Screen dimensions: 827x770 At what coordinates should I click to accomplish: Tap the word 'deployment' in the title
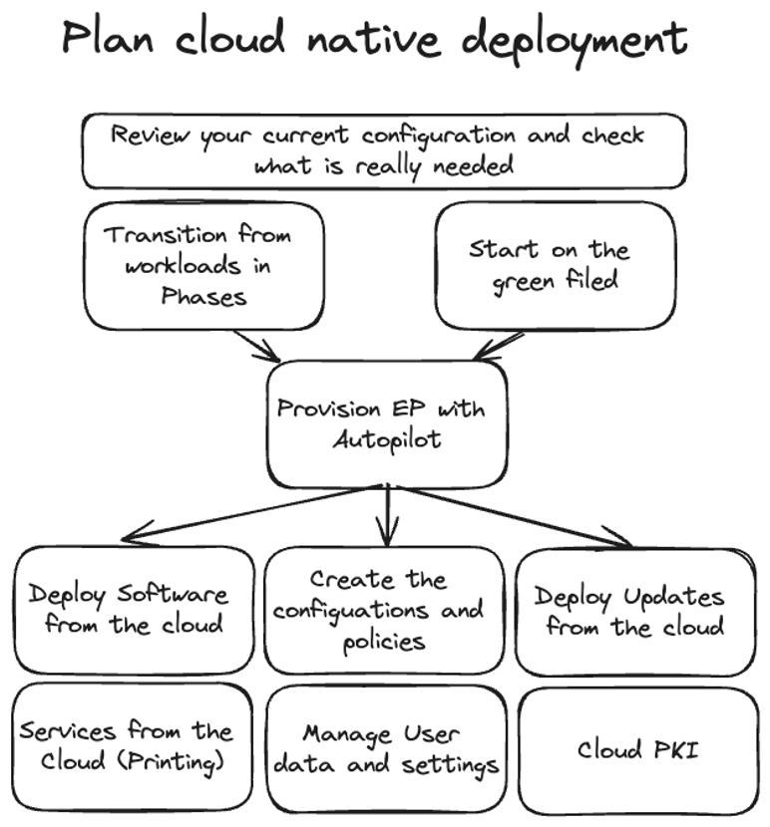click(x=576, y=40)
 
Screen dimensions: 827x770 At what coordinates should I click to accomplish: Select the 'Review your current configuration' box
click(x=384, y=150)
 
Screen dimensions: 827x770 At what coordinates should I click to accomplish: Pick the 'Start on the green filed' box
click(x=555, y=265)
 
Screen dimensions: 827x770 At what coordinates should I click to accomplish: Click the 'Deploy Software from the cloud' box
click(x=134, y=610)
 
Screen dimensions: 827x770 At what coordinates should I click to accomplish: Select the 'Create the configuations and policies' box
click(x=384, y=610)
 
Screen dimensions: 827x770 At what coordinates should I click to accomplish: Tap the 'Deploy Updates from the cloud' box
click(x=634, y=610)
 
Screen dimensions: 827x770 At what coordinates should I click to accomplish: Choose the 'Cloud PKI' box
click(x=638, y=749)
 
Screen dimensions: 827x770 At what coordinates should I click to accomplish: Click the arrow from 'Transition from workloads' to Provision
click(x=257, y=347)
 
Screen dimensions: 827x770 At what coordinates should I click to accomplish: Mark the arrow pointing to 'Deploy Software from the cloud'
click(x=249, y=513)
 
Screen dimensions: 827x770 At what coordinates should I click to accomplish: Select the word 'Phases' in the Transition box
click(x=203, y=296)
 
